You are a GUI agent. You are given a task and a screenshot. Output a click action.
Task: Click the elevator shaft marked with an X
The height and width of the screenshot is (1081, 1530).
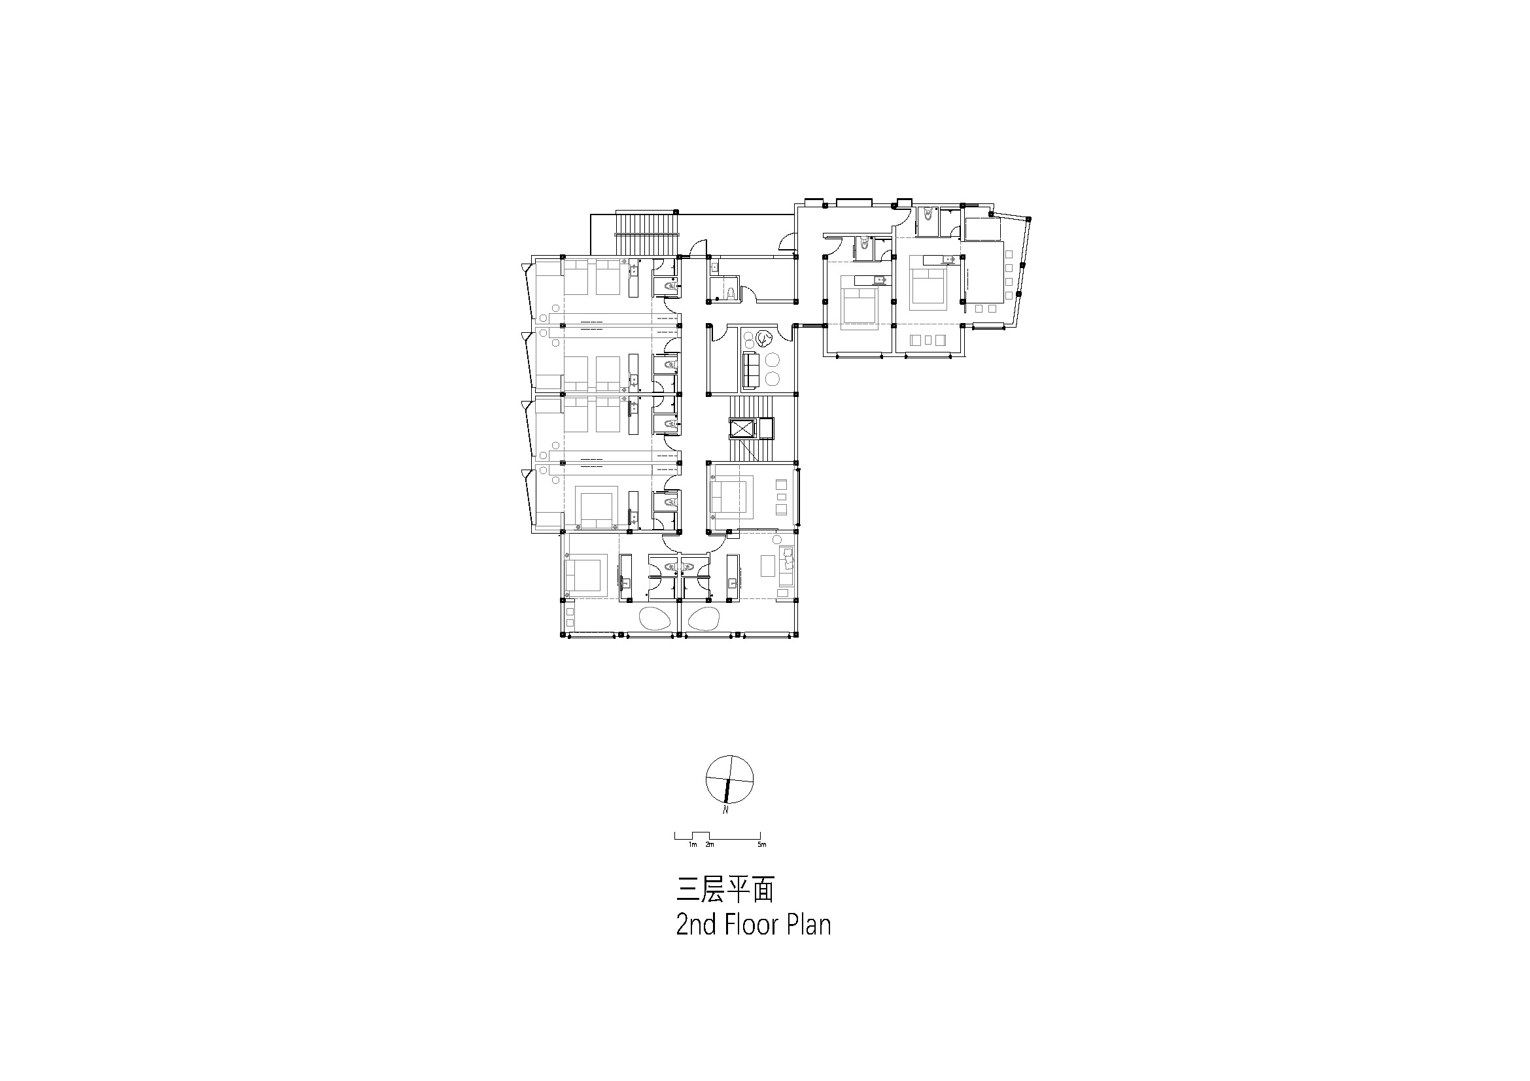point(742,428)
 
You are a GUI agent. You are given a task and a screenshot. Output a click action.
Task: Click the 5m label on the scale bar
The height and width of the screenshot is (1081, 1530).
point(761,845)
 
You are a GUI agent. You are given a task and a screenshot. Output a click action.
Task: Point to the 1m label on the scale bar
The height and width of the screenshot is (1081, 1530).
point(692,845)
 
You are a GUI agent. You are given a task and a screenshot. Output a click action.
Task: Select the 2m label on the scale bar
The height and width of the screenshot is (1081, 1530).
point(710,845)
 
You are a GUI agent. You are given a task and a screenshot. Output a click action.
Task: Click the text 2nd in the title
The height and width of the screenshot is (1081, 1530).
point(697,925)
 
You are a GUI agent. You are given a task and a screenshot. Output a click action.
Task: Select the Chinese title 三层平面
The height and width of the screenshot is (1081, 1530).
point(725,890)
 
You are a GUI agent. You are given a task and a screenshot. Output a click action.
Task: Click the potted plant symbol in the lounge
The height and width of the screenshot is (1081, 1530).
point(763,339)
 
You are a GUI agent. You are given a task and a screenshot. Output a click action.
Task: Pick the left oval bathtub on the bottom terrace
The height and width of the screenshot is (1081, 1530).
point(188,618)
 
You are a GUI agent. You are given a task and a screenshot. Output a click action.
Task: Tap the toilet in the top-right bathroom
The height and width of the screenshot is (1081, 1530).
point(928,217)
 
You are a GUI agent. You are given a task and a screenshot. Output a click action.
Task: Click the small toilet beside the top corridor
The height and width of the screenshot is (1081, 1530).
point(731,292)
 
